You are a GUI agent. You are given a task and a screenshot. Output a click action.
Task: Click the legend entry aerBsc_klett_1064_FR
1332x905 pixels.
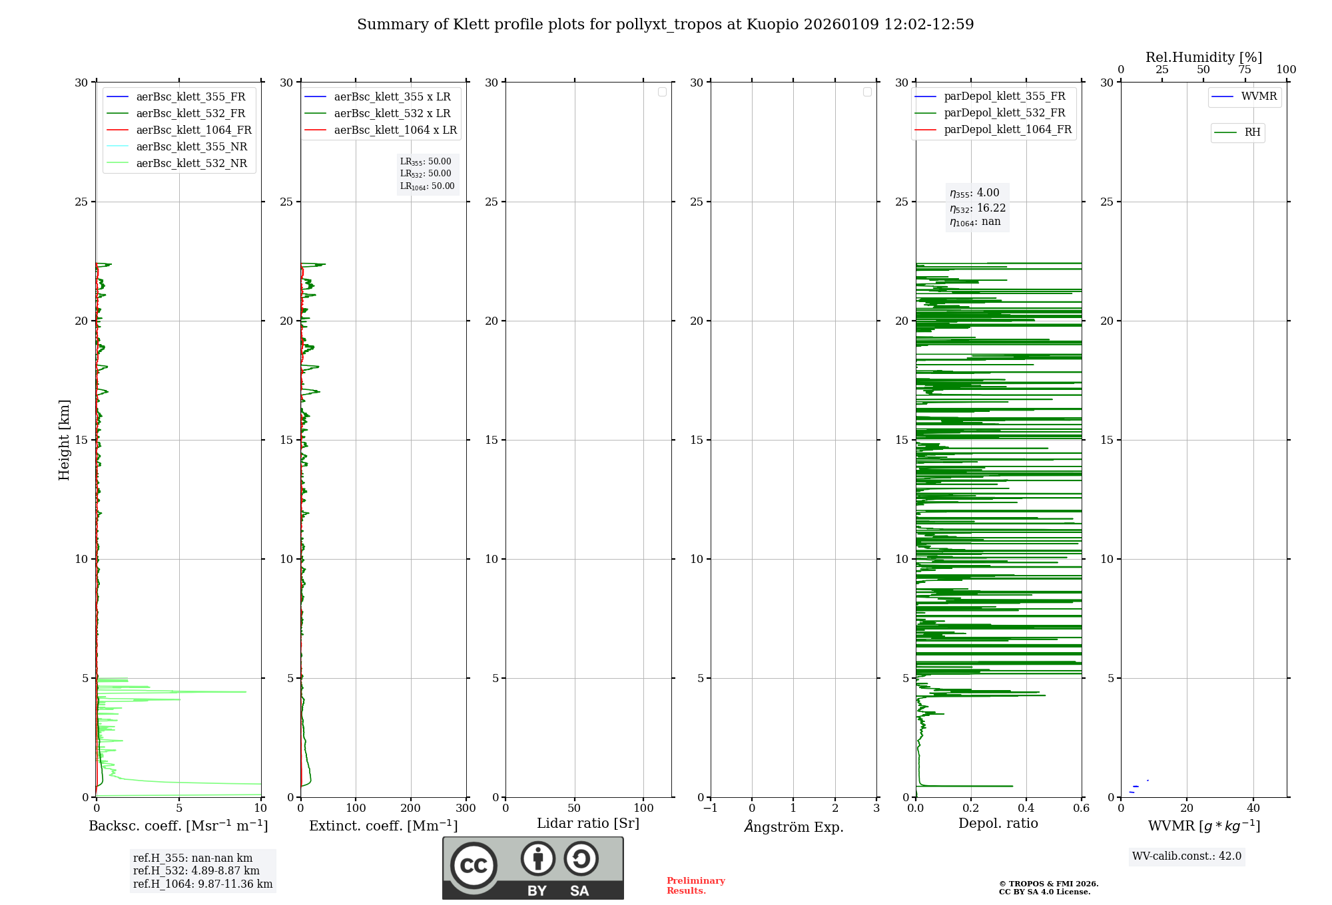193,130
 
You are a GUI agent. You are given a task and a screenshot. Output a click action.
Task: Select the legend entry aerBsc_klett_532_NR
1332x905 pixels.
191,164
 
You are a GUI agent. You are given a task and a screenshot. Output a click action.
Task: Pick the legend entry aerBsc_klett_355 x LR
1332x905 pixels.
392,97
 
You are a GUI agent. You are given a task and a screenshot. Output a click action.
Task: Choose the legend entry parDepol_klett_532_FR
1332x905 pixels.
1004,113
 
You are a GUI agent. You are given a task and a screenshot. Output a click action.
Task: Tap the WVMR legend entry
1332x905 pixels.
1258,96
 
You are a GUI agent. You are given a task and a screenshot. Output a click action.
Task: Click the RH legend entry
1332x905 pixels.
1251,132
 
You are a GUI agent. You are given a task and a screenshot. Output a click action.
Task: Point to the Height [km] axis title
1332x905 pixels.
64,440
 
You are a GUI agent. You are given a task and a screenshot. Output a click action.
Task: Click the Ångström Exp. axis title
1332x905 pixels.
793,827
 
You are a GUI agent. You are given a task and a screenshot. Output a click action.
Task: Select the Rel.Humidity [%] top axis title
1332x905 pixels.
1203,57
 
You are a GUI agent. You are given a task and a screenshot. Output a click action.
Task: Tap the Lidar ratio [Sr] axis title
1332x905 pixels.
588,824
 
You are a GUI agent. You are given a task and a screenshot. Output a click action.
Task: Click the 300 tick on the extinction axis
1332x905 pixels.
466,809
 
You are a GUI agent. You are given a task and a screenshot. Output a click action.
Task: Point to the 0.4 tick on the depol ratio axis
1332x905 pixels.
1026,809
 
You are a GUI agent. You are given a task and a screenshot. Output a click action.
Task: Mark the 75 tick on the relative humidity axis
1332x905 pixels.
1245,70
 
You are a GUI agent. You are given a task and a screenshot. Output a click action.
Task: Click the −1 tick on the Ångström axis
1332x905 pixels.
710,809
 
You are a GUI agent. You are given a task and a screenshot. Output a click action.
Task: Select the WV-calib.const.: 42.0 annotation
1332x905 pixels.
1186,856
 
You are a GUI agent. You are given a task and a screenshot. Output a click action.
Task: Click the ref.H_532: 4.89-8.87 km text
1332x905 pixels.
196,871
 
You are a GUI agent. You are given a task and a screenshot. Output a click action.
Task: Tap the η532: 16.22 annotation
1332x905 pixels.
977,208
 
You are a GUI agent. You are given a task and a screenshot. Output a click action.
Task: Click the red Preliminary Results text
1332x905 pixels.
695,886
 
